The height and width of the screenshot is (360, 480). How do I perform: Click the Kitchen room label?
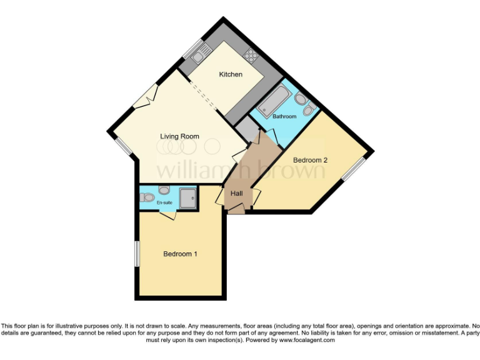pos(230,75)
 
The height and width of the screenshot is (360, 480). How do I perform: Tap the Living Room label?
pos(179,136)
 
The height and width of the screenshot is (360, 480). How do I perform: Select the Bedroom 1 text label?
pos(180,254)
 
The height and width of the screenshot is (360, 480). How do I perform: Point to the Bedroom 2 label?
pos(310,160)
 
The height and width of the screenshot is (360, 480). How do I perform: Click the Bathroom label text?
pos(284,116)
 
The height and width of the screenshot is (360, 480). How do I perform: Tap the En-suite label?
pos(164,202)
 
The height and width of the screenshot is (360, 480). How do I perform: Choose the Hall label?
pos(236,194)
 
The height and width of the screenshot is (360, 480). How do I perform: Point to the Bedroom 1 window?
pos(136,254)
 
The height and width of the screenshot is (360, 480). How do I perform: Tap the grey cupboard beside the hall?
pos(247,131)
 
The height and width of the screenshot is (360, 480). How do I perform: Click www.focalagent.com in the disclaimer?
pos(306,340)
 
